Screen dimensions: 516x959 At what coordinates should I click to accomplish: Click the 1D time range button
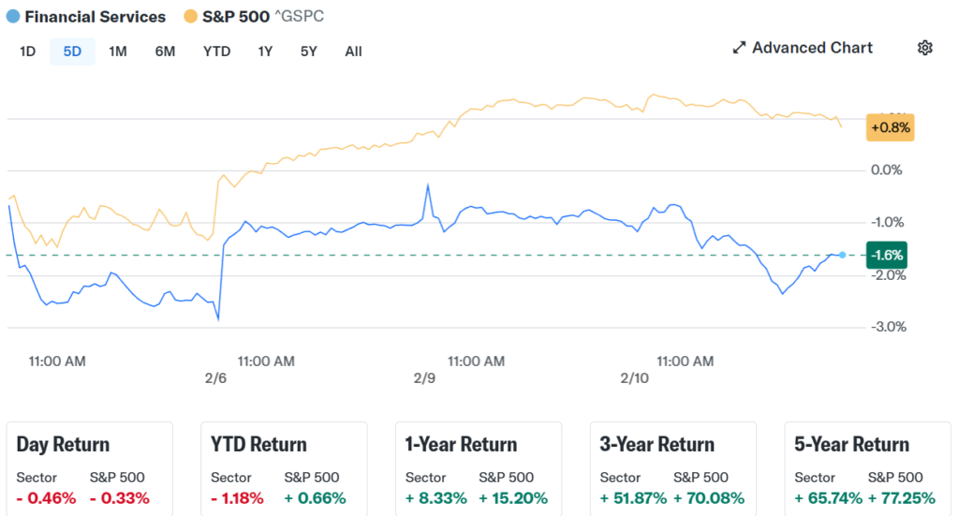pyautogui.click(x=27, y=52)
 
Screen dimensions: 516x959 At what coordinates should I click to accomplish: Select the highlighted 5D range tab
pyautogui.click(x=72, y=52)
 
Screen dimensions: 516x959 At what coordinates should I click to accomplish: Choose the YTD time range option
pyautogui.click(x=216, y=52)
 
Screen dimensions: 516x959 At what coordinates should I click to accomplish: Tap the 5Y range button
pyautogui.click(x=308, y=52)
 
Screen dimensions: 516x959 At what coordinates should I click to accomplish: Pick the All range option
pyautogui.click(x=353, y=52)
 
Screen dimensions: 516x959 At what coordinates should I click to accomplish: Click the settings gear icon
pyautogui.click(x=925, y=48)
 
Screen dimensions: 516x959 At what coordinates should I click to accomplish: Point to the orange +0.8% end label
pyautogui.click(x=890, y=126)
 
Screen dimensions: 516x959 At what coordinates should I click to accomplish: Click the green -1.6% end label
pyautogui.click(x=886, y=255)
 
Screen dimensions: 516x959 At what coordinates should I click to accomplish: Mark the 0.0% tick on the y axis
pyautogui.click(x=886, y=170)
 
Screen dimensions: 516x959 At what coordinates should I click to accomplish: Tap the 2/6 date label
pyautogui.click(x=215, y=378)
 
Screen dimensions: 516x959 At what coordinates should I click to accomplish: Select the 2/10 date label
pyautogui.click(x=634, y=378)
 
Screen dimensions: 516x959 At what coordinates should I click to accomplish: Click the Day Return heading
pyautogui.click(x=63, y=445)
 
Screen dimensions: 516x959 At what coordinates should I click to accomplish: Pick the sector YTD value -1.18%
pyautogui.click(x=237, y=498)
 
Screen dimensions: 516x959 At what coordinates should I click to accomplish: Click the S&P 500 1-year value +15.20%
pyautogui.click(x=513, y=498)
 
